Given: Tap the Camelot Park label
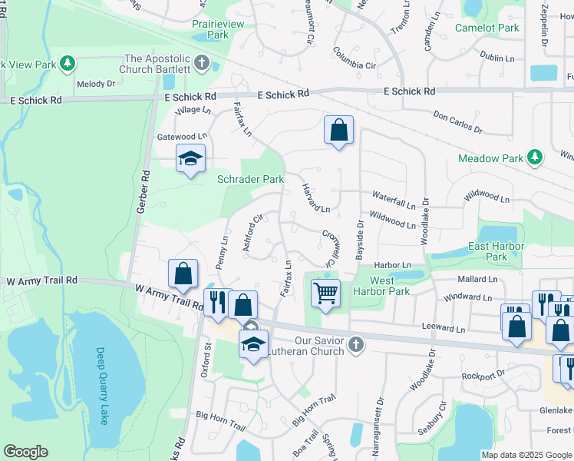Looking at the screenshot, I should point(487,28).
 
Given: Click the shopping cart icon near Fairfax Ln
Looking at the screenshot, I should point(325,293).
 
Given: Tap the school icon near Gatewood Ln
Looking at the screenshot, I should point(190,159).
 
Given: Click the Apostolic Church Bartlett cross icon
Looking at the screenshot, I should point(202,63).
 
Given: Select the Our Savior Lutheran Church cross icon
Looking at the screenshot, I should point(355,344).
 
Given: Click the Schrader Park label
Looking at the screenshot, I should point(250,179).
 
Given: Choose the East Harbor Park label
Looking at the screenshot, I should point(496,251).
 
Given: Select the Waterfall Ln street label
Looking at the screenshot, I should point(394,197).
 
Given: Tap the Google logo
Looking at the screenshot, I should point(25,452).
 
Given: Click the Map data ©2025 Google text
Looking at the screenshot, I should point(526,455).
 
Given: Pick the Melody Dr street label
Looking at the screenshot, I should point(95,83).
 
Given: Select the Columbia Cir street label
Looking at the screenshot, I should point(354,59).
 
